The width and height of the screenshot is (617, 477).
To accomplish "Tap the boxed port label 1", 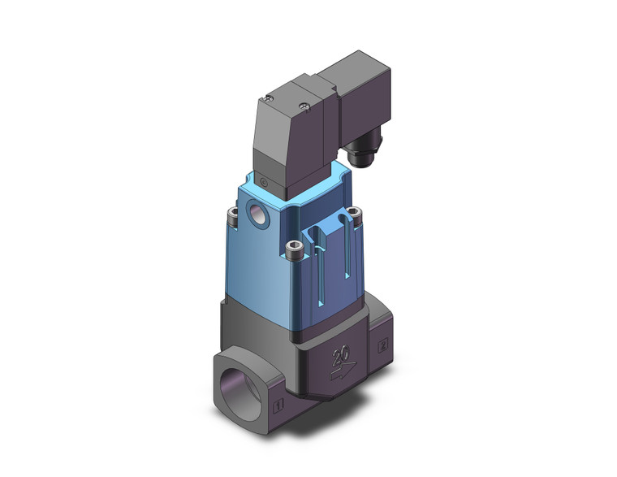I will tap(278, 404).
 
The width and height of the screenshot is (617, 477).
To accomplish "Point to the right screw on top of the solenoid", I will tap(304, 104).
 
